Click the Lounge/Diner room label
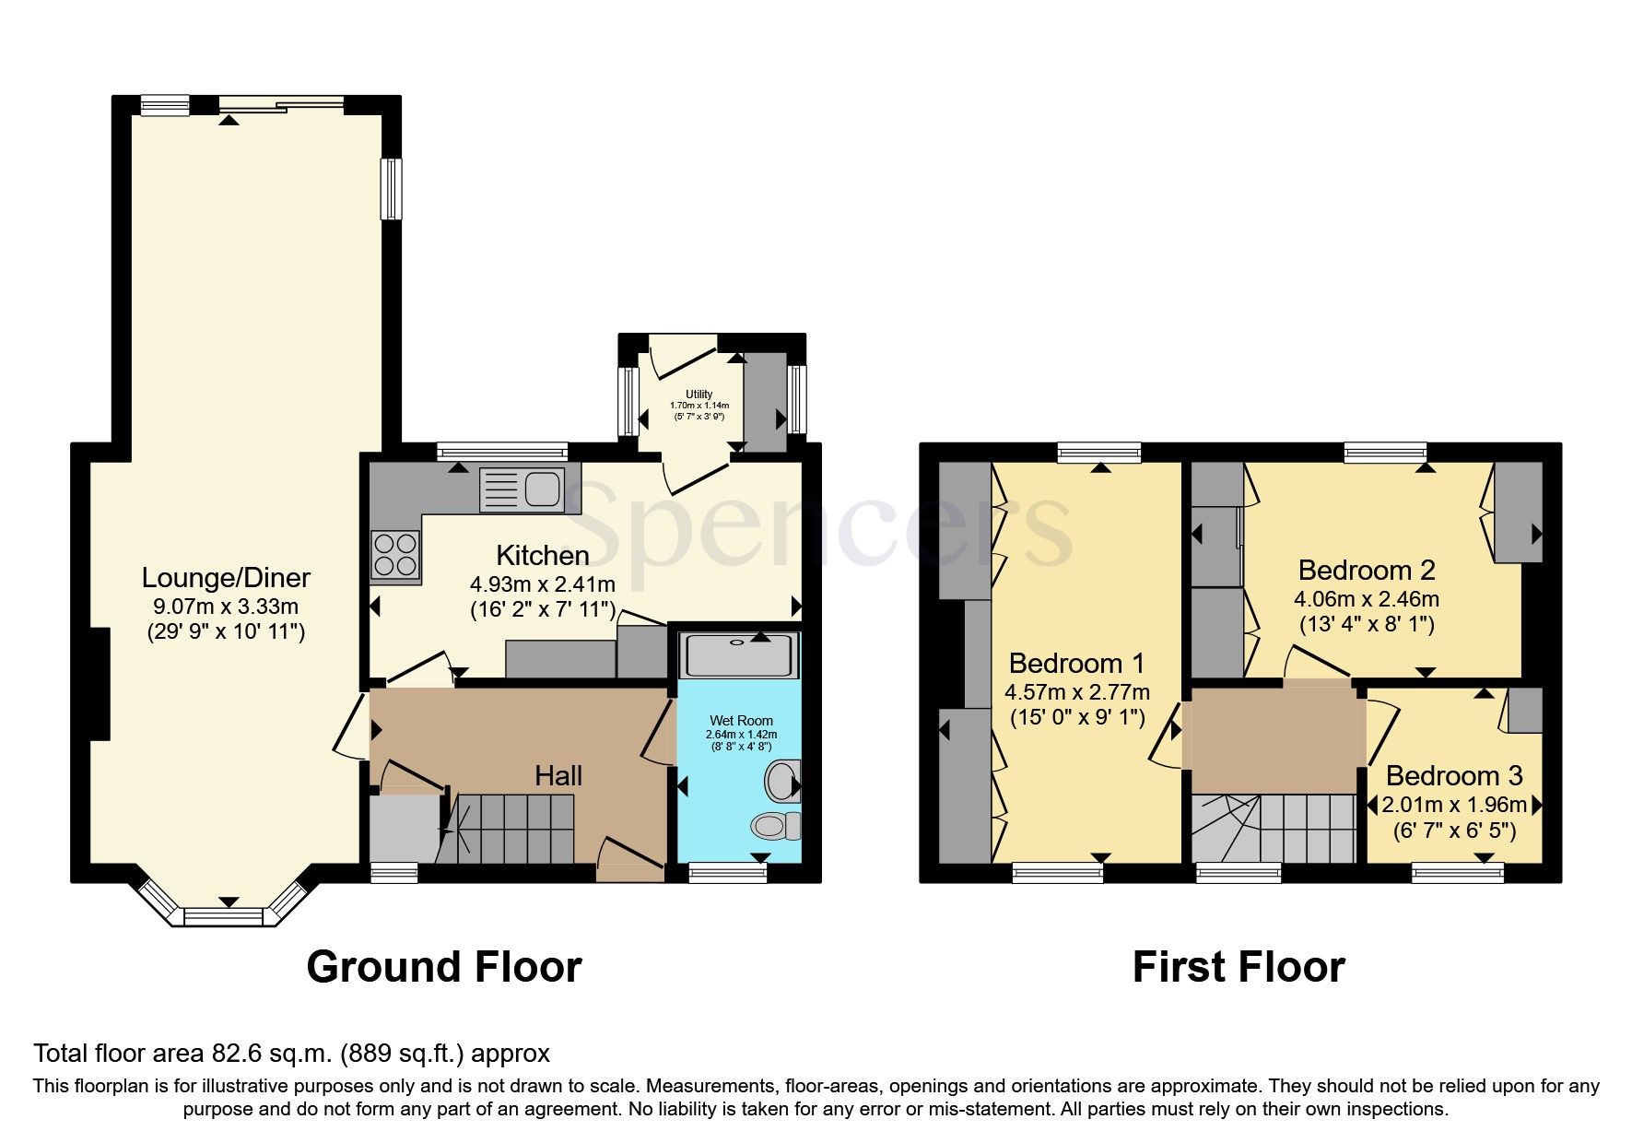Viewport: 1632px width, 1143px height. pos(226,578)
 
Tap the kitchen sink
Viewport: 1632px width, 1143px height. pos(521,489)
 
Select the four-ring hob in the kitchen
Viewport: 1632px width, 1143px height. pos(394,555)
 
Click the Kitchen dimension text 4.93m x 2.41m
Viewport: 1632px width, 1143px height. pos(543,583)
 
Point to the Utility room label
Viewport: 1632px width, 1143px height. pos(699,395)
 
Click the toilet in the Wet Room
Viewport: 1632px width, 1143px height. pos(775,825)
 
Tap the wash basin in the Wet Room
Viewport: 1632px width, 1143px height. pos(781,782)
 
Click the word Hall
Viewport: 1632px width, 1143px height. pos(558,775)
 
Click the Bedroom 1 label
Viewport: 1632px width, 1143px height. pos(1076,663)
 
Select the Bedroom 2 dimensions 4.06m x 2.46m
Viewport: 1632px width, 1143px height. pos(1367,599)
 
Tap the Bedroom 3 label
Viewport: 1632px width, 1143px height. pos(1453,775)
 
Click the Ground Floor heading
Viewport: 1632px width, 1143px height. pos(443,967)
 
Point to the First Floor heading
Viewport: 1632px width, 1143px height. pos(1238,967)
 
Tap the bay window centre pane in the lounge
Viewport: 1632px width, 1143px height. pos(223,916)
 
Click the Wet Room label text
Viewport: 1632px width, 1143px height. pos(741,720)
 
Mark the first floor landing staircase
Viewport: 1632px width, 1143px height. pos(1272,827)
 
